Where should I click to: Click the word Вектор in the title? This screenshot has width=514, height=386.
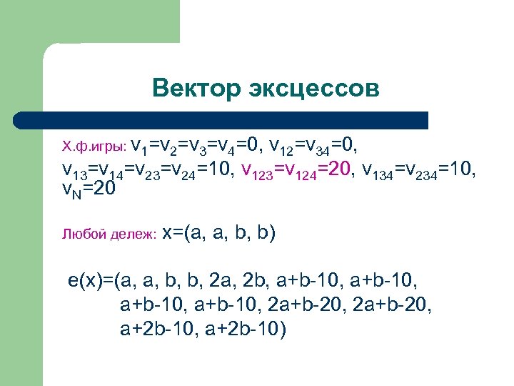(x=195, y=89)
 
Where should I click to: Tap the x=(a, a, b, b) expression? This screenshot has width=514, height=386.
(x=219, y=233)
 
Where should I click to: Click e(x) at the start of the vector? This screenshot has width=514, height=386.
(x=86, y=279)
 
